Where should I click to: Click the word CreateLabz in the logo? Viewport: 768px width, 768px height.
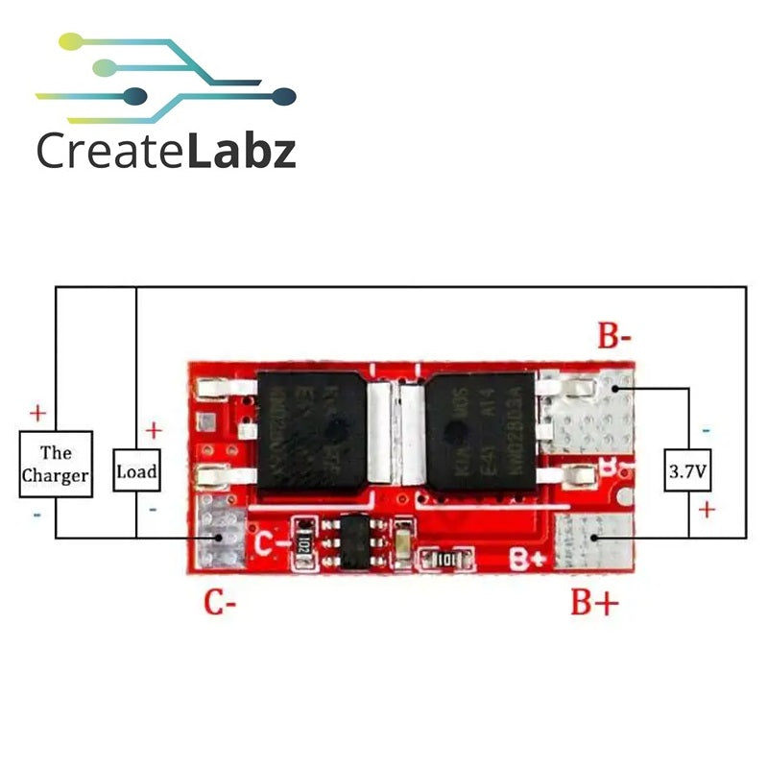[165, 151]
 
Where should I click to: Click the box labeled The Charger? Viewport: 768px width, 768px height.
[56, 465]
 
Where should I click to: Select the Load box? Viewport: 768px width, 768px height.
[136, 471]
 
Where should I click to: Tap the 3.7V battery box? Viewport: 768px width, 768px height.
[689, 472]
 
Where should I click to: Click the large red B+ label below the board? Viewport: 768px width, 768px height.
[594, 603]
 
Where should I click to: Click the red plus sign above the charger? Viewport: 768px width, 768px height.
[37, 414]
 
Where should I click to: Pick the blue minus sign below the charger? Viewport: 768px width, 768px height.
[37, 515]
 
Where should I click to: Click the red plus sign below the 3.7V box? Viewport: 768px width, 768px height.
[707, 510]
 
